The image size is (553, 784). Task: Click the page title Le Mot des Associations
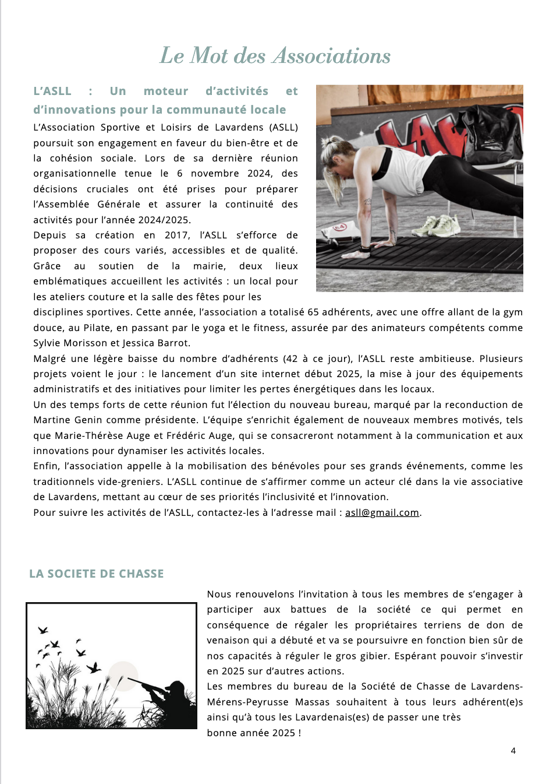click(x=275, y=56)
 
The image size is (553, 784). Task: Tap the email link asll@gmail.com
click(x=382, y=513)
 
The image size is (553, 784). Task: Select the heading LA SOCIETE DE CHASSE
click(x=97, y=574)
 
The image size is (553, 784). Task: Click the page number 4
click(x=513, y=751)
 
